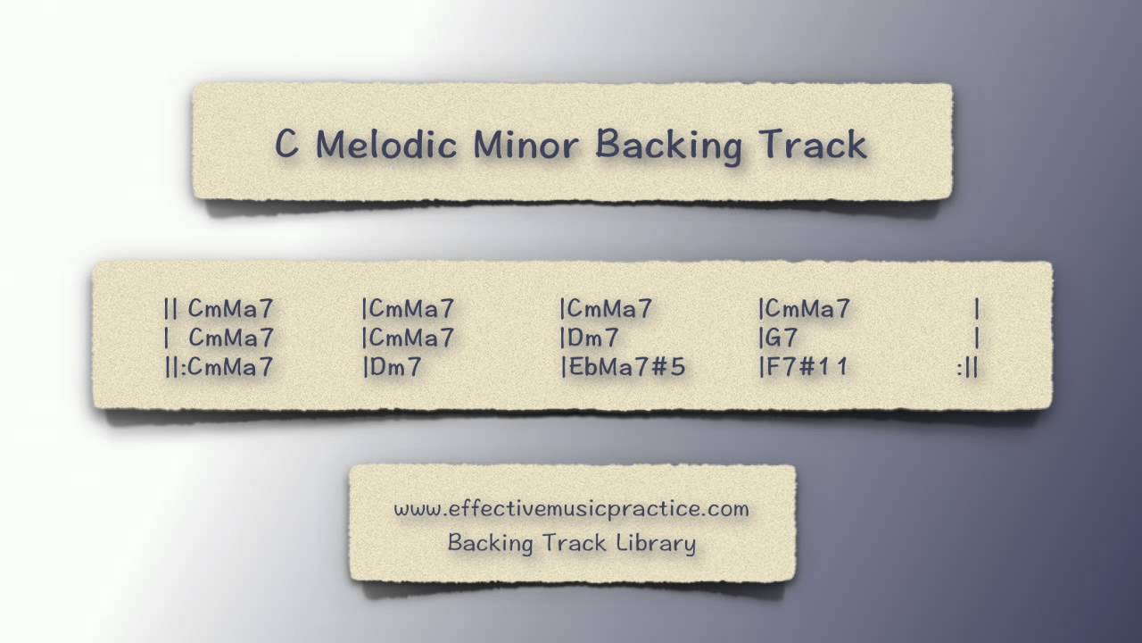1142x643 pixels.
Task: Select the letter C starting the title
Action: [285, 144]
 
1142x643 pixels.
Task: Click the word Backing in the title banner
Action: [668, 146]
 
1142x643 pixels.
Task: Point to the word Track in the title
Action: [814, 144]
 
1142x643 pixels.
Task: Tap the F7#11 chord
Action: [807, 366]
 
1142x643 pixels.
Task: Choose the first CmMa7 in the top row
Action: [230, 309]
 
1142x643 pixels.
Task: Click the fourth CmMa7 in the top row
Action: [807, 309]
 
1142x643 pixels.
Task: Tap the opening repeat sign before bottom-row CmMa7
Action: [174, 366]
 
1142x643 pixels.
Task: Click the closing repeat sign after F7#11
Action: [968, 366]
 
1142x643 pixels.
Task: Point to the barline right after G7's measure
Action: [978, 338]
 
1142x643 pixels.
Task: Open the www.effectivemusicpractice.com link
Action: [571, 508]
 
